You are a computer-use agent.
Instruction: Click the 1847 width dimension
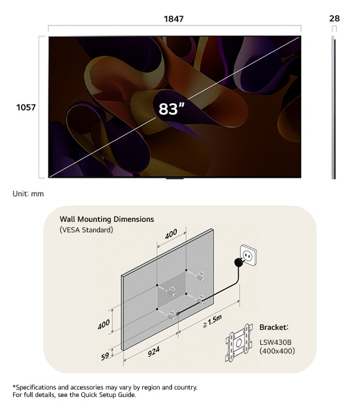[x=174, y=19]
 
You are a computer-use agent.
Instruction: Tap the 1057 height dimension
[x=26, y=107]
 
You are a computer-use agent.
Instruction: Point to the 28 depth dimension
[x=335, y=19]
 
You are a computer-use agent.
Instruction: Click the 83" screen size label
[x=172, y=109]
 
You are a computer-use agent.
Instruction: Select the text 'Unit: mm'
[x=28, y=194]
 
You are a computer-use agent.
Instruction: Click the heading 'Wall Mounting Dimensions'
[x=107, y=219]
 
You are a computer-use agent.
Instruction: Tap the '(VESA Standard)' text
[x=86, y=230]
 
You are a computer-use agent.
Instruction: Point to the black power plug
[x=237, y=263]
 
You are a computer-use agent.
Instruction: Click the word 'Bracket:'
[x=274, y=327]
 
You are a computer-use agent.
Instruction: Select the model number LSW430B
[x=277, y=340]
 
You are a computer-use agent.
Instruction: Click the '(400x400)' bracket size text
[x=277, y=351]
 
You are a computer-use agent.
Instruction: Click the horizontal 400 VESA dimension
[x=171, y=234]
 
